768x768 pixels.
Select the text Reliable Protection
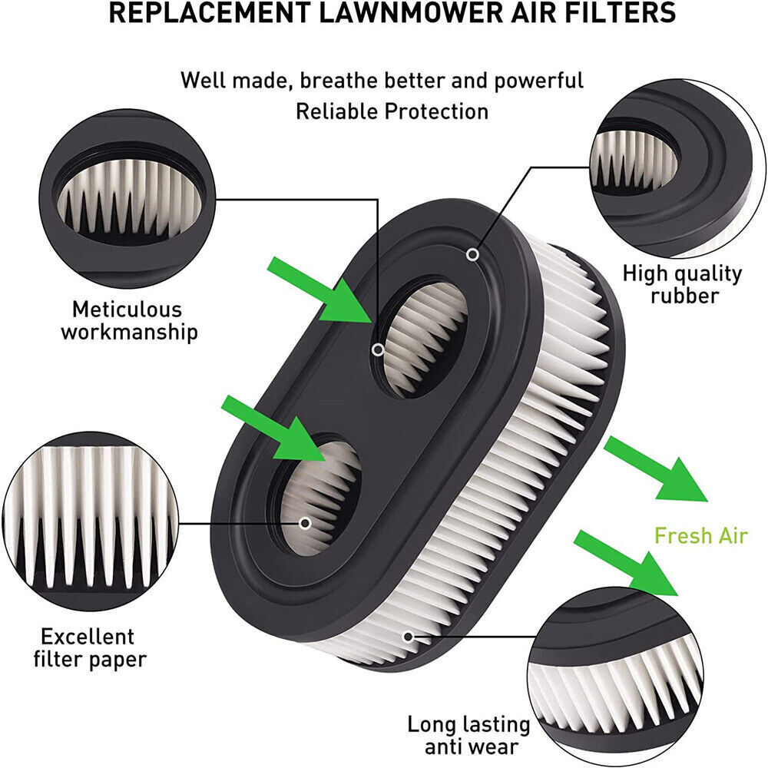tap(392, 111)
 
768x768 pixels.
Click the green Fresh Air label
tap(700, 535)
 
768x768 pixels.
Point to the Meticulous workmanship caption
tap(128, 320)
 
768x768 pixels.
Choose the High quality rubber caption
tap(682, 283)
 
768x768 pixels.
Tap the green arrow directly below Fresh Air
tap(626, 561)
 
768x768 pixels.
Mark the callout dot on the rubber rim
tap(474, 253)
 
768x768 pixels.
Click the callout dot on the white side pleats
tap(408, 636)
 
